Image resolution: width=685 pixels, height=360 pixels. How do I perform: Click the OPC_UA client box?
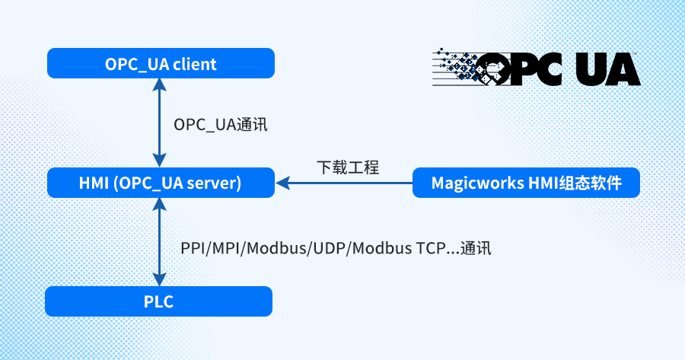click(161, 64)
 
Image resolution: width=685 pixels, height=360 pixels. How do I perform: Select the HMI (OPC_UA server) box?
click(161, 183)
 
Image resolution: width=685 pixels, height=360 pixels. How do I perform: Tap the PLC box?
click(158, 301)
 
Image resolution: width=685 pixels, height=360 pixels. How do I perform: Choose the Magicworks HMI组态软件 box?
click(525, 183)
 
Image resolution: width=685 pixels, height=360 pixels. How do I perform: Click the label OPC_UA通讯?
click(221, 125)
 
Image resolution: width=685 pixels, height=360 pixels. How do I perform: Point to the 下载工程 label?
click(348, 167)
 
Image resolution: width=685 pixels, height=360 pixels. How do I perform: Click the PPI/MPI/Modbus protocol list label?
click(336, 248)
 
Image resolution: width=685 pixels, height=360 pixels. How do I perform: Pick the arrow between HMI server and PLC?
click(159, 242)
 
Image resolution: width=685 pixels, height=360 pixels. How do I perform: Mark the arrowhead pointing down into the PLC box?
click(159, 279)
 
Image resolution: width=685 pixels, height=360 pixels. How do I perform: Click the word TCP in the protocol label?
click(429, 248)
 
